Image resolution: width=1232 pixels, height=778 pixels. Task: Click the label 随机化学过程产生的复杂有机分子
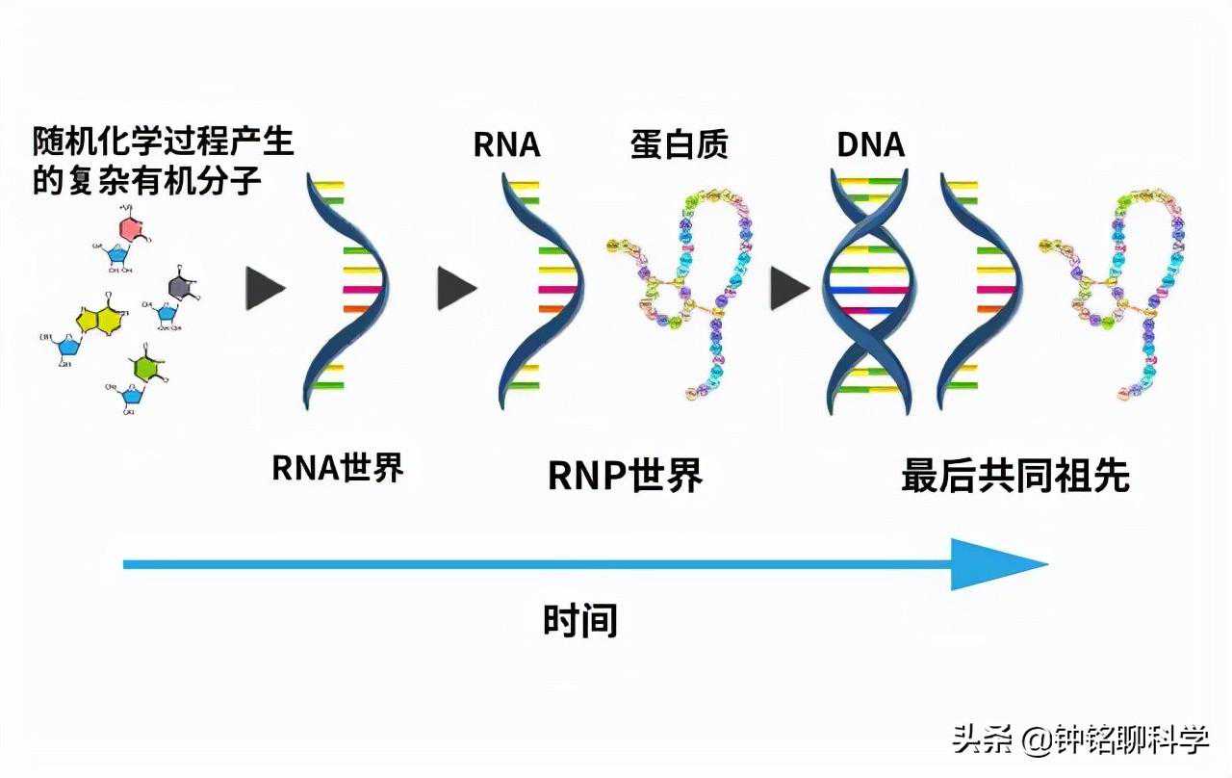coord(162,161)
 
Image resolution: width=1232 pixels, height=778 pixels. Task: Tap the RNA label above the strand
coord(506,144)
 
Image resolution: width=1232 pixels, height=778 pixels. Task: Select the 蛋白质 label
coord(680,144)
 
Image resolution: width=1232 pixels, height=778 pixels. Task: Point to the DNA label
coord(870,144)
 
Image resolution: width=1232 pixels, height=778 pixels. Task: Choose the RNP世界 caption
coord(625,475)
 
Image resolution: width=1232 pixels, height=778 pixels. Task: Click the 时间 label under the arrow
coord(579,620)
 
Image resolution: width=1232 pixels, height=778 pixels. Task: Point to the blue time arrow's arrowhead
coord(997,564)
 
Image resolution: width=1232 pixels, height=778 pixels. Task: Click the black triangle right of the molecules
coord(264,289)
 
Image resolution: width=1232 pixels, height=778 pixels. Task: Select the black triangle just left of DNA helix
coord(788,289)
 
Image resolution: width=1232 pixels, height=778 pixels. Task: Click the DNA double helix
coord(868,289)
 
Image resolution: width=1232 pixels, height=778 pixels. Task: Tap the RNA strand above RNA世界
coord(343,289)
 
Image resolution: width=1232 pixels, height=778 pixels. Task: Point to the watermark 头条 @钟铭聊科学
coord(1080,739)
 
